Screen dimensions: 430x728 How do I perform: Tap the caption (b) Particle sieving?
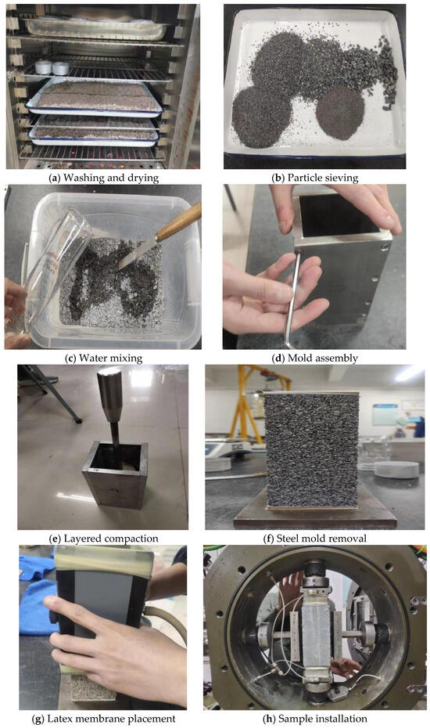tap(315, 178)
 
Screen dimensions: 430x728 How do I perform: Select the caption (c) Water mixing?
tap(104, 358)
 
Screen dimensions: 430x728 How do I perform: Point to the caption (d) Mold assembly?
tap(314, 358)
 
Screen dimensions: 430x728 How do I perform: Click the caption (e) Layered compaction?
tap(103, 539)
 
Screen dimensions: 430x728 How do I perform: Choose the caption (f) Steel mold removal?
tap(314, 539)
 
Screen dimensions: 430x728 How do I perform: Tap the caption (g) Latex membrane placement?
tap(103, 719)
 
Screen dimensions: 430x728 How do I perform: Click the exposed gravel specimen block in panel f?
tap(311, 451)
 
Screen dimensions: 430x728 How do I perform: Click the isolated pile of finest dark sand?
tap(340, 113)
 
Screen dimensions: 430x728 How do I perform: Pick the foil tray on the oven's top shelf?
tap(96, 28)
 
